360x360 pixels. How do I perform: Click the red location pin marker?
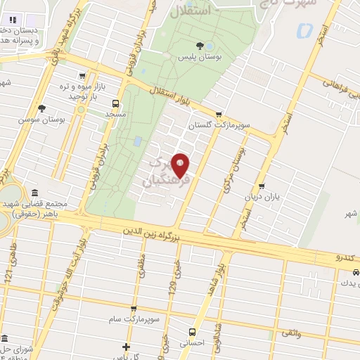(x=181, y=165)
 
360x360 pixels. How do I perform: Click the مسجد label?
(x=114, y=112)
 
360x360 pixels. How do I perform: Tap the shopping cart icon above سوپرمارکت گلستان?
(x=219, y=114)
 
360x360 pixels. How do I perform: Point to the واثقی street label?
(x=290, y=333)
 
